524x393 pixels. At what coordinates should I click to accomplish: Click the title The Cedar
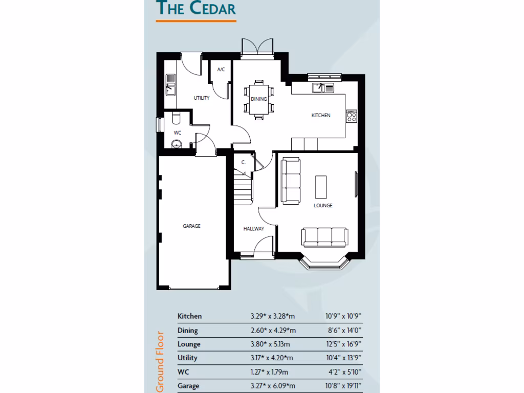click(x=196, y=9)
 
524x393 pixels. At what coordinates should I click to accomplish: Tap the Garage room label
click(x=192, y=226)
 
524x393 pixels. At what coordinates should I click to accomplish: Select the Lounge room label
click(x=323, y=205)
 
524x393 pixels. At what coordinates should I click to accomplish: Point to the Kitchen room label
click(x=321, y=115)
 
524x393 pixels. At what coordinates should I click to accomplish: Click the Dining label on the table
click(x=258, y=99)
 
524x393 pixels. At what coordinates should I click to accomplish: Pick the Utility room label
click(x=201, y=98)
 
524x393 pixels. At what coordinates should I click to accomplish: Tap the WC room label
click(x=178, y=133)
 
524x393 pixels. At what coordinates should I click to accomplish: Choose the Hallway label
click(x=254, y=229)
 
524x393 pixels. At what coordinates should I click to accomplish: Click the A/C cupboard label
click(x=221, y=70)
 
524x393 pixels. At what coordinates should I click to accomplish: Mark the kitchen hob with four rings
click(x=351, y=117)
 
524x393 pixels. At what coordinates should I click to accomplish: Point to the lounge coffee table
click(x=321, y=187)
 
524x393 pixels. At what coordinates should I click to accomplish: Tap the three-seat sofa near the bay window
click(x=325, y=236)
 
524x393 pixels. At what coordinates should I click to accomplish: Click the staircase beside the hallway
click(x=243, y=187)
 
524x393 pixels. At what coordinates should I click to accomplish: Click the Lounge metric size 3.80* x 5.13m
click(x=270, y=344)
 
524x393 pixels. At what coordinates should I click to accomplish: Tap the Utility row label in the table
click(x=187, y=358)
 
